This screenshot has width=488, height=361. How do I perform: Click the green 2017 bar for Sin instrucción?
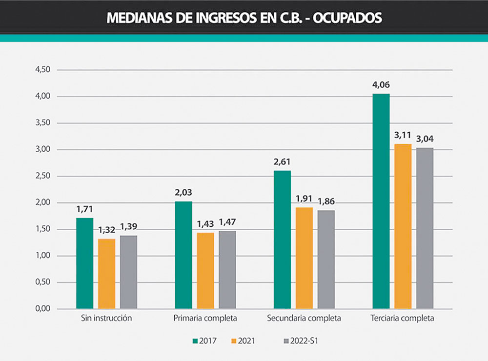[85, 263]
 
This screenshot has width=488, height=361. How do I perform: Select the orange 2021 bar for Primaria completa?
[205, 271]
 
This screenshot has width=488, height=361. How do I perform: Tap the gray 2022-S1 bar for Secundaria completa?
[326, 260]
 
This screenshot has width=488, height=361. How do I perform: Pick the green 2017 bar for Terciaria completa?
[381, 201]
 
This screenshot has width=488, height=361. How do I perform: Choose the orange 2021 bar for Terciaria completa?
[403, 226]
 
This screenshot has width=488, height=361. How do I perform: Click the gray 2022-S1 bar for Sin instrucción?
[129, 272]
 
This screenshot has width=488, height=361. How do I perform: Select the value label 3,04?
[425, 139]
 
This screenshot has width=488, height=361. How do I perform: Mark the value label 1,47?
[227, 222]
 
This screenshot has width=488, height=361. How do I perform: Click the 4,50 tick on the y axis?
[43, 70]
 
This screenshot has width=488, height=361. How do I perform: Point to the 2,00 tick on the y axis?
[43, 202]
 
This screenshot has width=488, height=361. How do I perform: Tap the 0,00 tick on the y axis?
[43, 309]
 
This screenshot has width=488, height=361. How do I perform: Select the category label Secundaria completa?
[304, 319]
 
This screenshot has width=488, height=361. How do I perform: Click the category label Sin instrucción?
[106, 319]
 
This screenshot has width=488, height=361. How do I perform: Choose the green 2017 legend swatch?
[195, 341]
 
